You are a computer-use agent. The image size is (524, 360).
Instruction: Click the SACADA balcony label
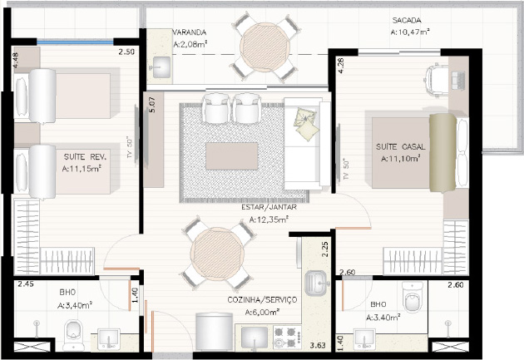click(407, 21)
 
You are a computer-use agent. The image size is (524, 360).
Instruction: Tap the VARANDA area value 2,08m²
click(190, 44)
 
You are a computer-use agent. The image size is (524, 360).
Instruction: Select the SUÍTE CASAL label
click(401, 146)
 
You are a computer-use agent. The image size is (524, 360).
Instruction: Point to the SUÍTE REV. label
click(85, 156)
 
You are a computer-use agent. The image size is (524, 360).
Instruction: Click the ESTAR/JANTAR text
click(269, 207)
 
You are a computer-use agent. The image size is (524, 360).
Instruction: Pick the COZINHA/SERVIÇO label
click(262, 299)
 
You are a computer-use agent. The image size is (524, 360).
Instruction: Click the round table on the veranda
click(265, 47)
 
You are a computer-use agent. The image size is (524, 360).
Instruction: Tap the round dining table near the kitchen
click(217, 254)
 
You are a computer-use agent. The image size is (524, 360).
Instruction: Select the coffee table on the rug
click(231, 156)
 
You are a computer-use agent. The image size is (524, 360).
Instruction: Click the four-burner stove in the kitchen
click(287, 338)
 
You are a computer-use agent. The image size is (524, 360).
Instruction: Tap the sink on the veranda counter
click(161, 67)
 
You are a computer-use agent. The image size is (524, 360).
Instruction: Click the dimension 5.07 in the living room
click(151, 105)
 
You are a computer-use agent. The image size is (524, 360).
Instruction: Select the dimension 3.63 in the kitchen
click(317, 345)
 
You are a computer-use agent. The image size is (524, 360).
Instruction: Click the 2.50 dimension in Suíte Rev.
click(126, 52)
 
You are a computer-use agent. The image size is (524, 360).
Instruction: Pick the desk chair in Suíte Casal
click(437, 80)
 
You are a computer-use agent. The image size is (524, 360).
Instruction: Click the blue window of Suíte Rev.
click(75, 42)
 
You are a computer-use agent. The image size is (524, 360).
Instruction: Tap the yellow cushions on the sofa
click(305, 124)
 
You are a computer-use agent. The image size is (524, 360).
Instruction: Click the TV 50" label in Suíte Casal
click(346, 169)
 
